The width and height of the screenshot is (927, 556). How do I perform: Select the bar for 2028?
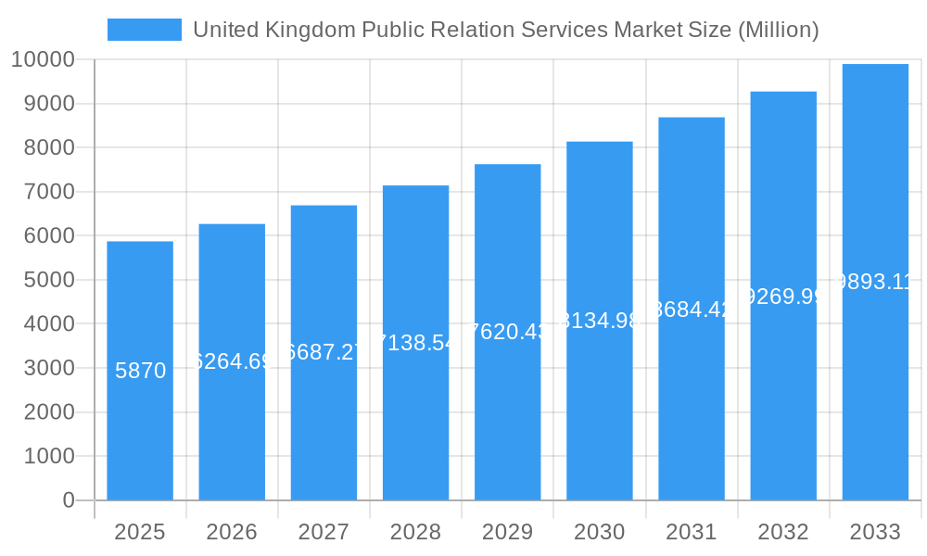click(415, 417)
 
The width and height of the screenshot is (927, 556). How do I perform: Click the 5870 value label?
click(141, 372)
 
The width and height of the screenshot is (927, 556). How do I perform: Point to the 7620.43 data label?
click(507, 332)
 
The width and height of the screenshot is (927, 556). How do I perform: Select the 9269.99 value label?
click(783, 297)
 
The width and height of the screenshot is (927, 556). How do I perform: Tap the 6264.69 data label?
click(232, 361)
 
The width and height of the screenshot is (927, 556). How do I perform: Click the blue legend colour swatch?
click(145, 30)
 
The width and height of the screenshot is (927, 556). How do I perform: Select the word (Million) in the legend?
click(777, 30)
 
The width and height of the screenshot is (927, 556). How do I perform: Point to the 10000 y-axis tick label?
click(43, 59)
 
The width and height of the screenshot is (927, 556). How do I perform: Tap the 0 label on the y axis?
click(69, 500)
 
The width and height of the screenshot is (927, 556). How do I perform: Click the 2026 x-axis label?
click(232, 532)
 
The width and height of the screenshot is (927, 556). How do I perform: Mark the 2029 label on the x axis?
click(507, 532)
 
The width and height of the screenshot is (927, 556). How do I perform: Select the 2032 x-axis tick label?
click(783, 532)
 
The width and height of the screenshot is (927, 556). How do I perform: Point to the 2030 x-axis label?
click(599, 532)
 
